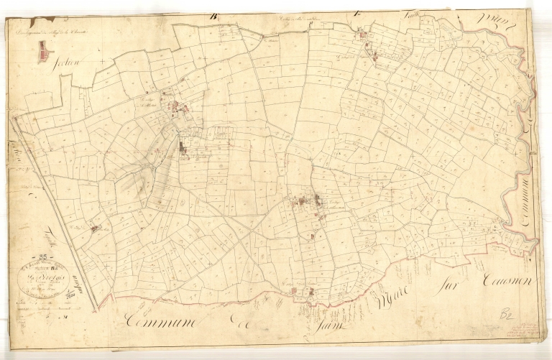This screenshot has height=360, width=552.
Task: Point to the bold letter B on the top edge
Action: pyautogui.click(x=213, y=16)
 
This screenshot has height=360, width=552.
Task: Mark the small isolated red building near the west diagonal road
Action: pyautogui.click(x=95, y=229)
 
